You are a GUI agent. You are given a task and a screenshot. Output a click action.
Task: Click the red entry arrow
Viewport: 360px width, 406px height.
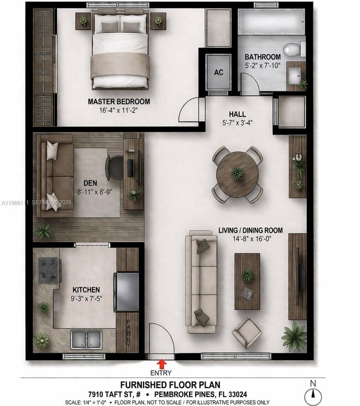162,363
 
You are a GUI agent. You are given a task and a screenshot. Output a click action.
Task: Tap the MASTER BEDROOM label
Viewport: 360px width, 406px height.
119,101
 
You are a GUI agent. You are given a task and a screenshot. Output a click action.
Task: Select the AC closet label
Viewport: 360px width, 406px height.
218,73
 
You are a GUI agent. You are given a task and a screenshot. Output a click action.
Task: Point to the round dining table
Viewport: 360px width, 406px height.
238,174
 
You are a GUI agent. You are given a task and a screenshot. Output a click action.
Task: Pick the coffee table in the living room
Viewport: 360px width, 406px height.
247,281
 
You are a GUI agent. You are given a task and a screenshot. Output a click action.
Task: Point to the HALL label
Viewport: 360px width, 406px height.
237,114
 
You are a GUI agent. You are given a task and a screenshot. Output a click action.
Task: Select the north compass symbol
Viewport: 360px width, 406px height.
313,394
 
